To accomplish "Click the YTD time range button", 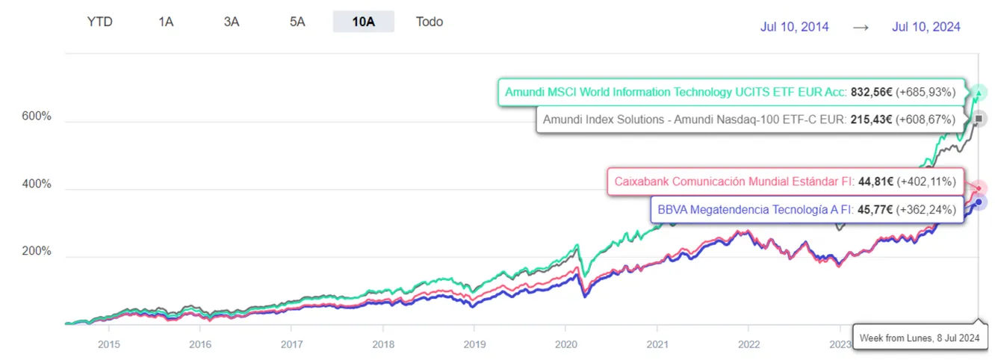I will tap(99, 22).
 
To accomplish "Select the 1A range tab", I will tap(166, 22).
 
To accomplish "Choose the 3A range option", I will tap(232, 22).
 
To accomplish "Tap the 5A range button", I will tap(297, 22).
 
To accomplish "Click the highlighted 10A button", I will tap(363, 22).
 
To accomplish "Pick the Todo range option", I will tap(430, 22).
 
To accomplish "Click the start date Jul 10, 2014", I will tap(794, 27).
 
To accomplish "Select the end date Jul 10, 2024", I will tap(926, 27).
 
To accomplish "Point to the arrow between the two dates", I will tap(861, 27).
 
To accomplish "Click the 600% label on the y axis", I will tap(36, 117).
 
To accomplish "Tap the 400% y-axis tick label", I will tap(36, 184).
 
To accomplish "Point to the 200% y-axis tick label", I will tap(36, 251).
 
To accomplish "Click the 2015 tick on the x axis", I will tap(108, 344).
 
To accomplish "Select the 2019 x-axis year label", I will tap(474, 344).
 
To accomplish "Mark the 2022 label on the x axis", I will tap(748, 344).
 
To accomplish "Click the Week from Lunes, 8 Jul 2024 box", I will tap(920, 338).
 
